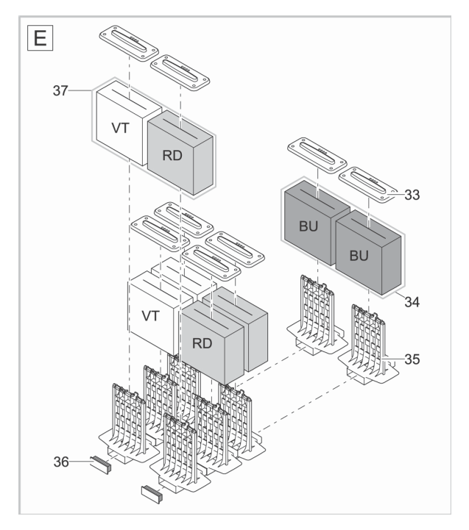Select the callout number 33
413,196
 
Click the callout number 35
413,359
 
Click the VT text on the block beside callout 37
121,129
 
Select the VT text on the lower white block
151,317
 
